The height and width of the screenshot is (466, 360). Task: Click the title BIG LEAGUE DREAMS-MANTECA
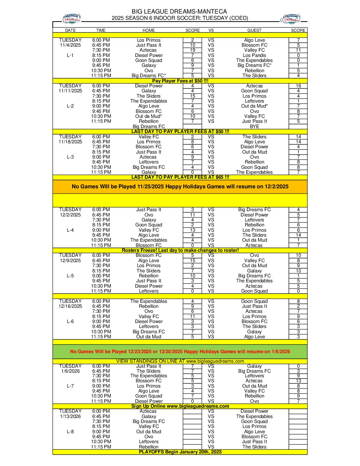(x=180, y=12)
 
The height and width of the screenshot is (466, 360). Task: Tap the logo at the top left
(x=71, y=19)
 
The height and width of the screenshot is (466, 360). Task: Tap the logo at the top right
(x=291, y=19)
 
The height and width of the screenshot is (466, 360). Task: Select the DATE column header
(x=70, y=30)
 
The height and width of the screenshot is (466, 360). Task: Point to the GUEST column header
(x=254, y=30)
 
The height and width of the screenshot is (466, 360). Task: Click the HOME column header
(x=149, y=30)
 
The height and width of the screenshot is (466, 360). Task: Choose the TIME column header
(x=101, y=30)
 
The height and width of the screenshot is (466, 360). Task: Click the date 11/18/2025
(x=70, y=142)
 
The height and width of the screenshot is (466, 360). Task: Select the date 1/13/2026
(x=70, y=416)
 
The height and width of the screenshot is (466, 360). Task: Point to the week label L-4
(x=70, y=230)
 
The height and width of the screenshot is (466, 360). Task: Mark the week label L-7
(x=70, y=386)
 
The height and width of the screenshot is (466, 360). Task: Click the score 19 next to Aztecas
(x=193, y=50)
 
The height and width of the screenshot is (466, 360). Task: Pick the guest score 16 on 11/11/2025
(x=298, y=86)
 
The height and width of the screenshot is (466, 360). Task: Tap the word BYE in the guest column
(x=254, y=126)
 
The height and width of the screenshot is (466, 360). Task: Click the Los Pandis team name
(x=254, y=55)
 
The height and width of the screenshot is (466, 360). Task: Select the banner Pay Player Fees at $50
(x=180, y=81)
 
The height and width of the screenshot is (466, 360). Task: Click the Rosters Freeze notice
(x=180, y=250)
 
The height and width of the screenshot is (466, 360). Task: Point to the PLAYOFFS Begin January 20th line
(x=180, y=452)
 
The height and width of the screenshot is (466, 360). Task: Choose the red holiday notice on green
(x=180, y=351)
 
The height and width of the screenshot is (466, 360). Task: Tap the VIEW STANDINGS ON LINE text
(x=180, y=361)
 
